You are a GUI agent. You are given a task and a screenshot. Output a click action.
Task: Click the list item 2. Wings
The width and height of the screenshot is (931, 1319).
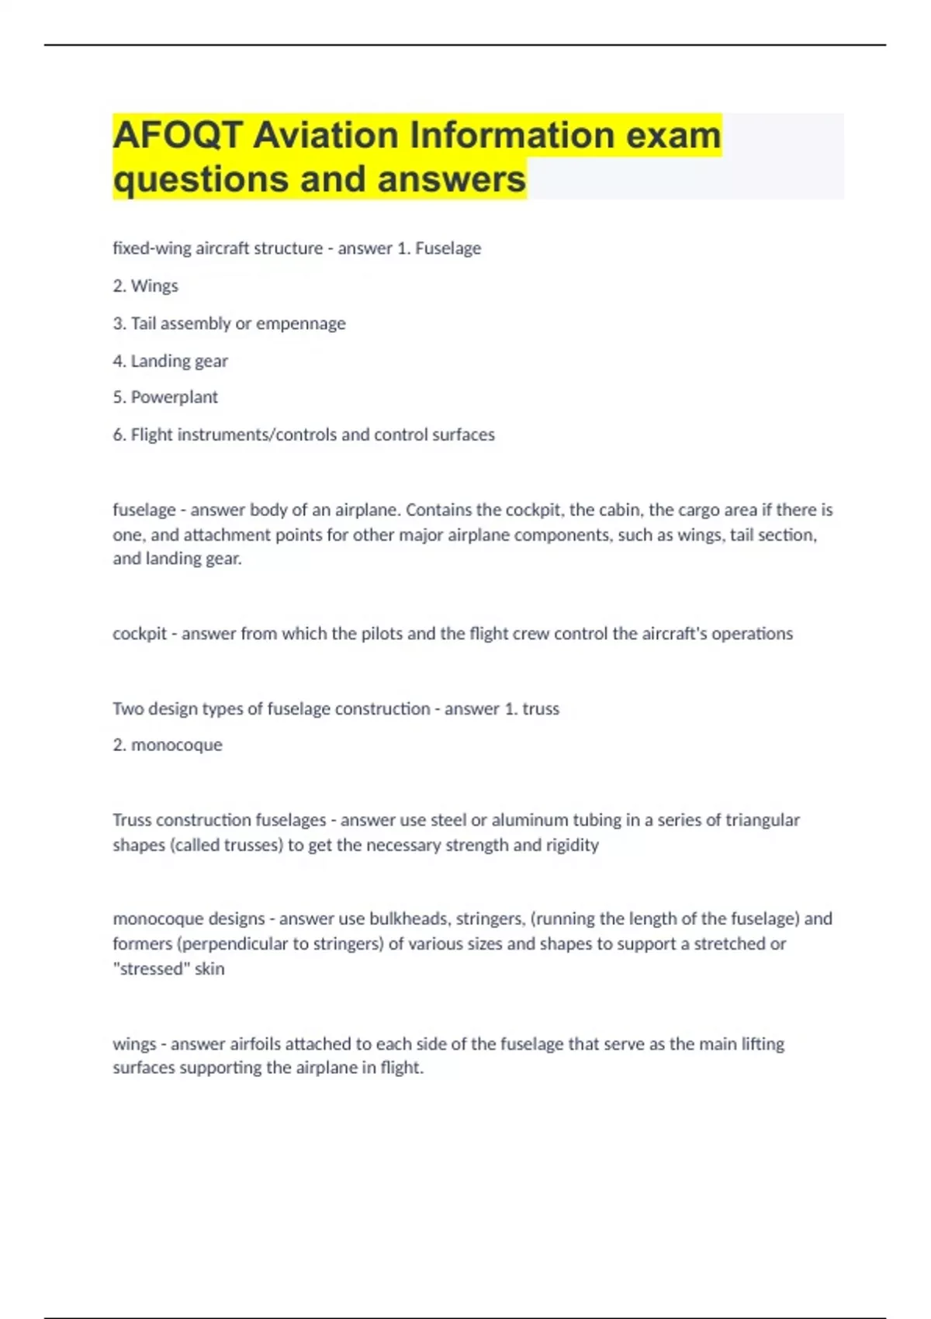[x=146, y=286]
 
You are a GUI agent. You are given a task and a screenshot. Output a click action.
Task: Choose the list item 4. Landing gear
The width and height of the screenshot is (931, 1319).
[x=171, y=361]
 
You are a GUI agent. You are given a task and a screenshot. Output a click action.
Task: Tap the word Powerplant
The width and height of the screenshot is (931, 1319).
[x=175, y=397]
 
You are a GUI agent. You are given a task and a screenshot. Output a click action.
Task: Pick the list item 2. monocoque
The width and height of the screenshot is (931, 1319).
[x=168, y=745]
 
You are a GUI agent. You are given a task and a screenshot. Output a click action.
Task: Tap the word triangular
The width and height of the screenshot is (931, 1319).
[x=763, y=820]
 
